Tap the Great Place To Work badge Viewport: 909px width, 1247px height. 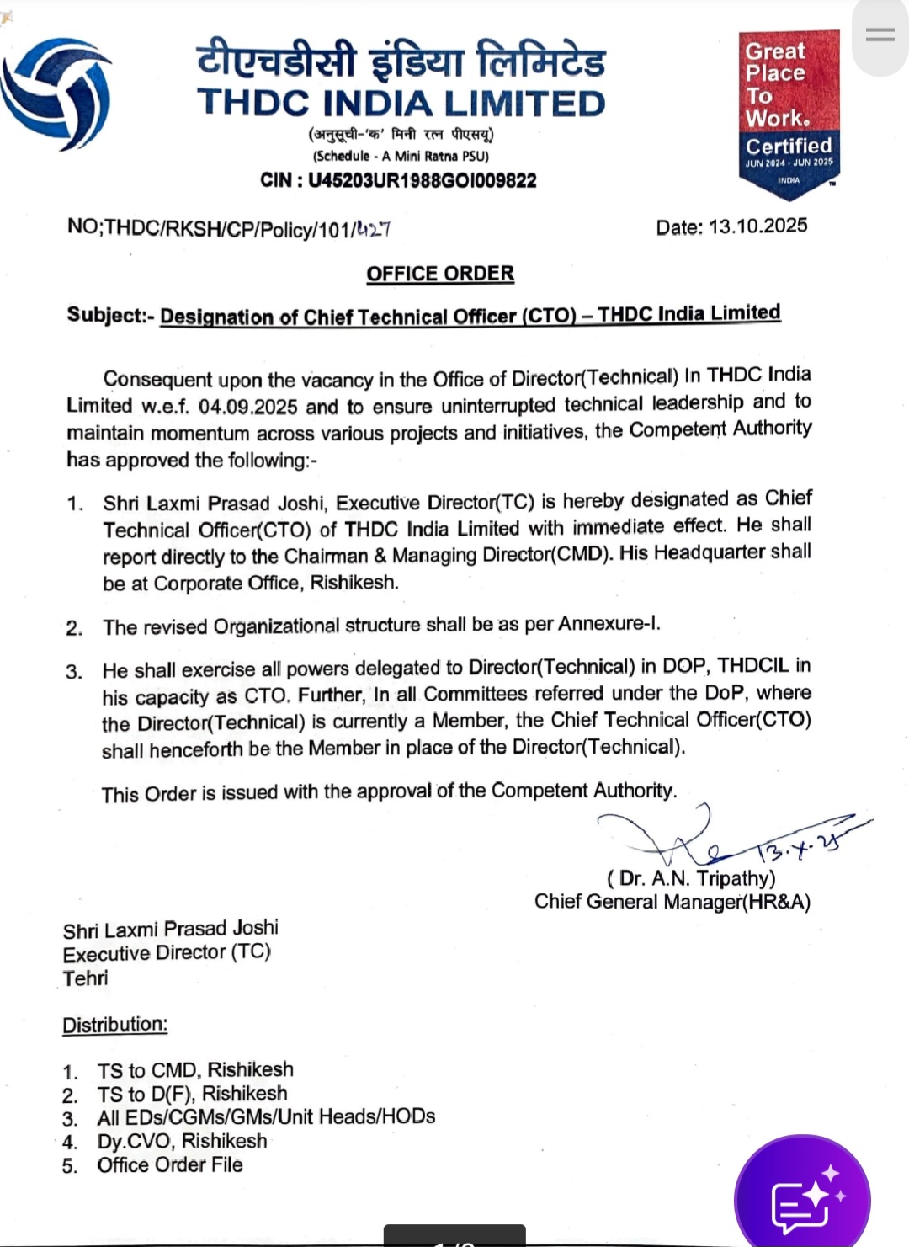tap(789, 113)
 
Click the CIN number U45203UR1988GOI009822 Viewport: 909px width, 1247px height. tap(422, 180)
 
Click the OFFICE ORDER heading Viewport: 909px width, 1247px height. tap(440, 274)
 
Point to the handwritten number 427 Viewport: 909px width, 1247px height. tap(373, 229)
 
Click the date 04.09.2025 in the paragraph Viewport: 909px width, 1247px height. tap(247, 407)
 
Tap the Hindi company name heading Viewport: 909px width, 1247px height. tap(401, 61)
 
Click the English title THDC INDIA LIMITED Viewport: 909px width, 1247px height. tap(401, 104)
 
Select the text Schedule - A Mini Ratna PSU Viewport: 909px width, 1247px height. tap(401, 156)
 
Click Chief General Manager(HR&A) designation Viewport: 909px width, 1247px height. tap(672, 902)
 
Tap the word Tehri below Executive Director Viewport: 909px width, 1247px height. tap(85, 978)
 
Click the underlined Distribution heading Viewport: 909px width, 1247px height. tap(115, 1025)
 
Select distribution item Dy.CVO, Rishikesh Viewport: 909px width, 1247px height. tap(182, 1141)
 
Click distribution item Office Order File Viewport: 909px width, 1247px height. tap(170, 1164)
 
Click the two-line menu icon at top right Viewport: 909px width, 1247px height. tap(880, 35)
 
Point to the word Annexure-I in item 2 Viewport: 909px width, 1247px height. tap(609, 624)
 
